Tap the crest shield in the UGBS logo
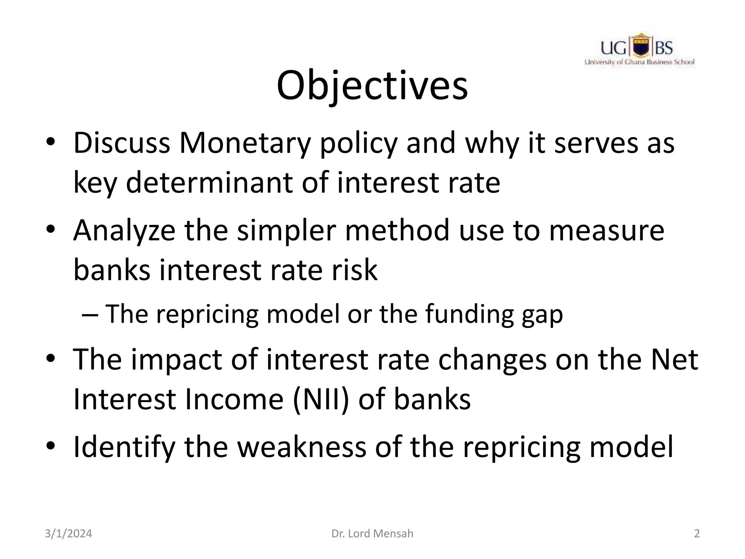click(x=640, y=47)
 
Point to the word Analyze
click(x=124, y=231)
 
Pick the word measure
click(x=606, y=231)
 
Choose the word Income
click(x=234, y=399)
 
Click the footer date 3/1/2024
click(x=68, y=534)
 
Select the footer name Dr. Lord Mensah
click(x=372, y=534)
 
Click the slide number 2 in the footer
click(x=697, y=534)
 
